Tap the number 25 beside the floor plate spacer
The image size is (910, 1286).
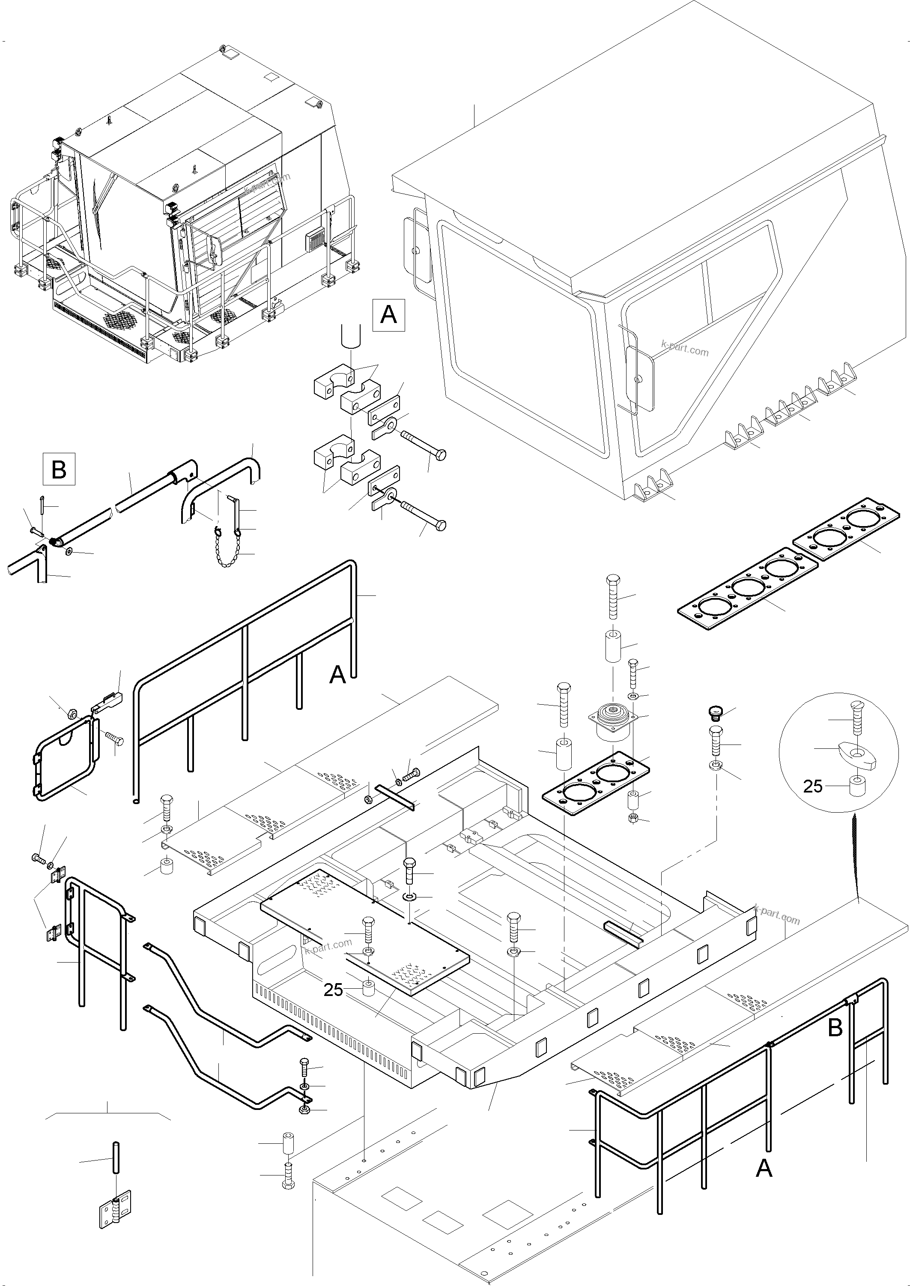tap(333, 990)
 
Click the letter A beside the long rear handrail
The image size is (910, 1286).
tap(337, 674)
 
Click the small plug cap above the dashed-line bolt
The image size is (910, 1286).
tap(714, 712)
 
